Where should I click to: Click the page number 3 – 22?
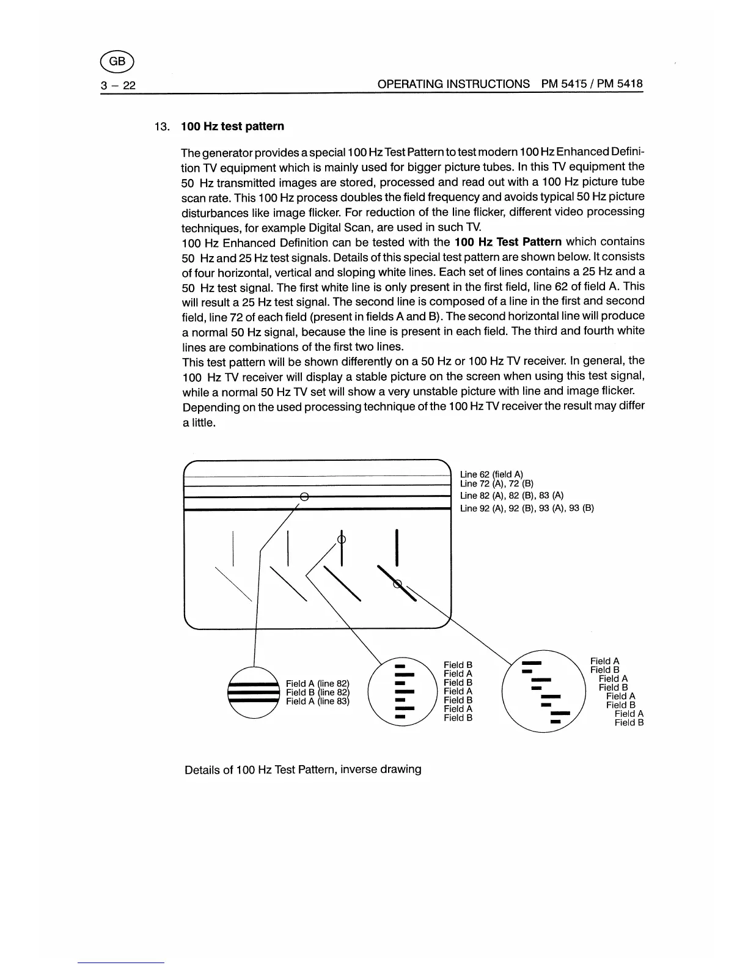pos(119,85)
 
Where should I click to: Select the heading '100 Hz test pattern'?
pos(232,127)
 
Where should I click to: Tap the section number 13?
pos(161,127)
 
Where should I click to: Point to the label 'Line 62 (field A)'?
pos(491,474)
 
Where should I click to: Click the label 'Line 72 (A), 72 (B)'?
pos(497,483)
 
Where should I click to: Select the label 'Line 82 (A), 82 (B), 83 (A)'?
pos(512,496)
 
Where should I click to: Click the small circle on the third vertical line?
pos(342,539)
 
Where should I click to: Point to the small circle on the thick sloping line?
pos(398,584)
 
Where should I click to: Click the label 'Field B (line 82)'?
pos(317,692)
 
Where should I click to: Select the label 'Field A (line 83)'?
pos(317,701)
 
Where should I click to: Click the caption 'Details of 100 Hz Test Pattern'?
pos(302,769)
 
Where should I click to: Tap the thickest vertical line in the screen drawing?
pos(398,547)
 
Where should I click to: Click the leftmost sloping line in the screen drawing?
pos(233,585)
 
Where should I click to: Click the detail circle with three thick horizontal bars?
pos(254,692)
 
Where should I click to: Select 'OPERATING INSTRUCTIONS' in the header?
pos(453,84)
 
